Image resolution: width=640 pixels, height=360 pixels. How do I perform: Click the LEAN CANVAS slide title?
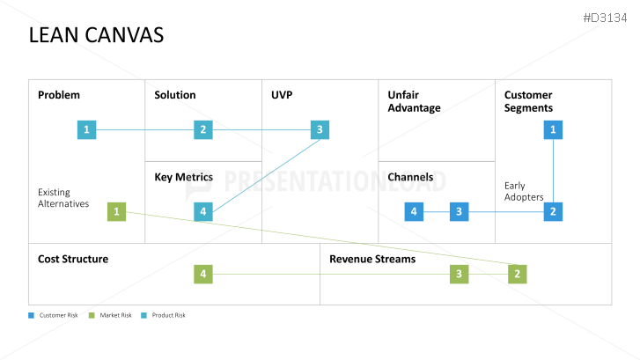pos(96,35)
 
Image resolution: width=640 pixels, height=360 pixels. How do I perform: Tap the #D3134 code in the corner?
pos(607,18)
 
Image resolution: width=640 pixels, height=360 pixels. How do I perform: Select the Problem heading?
pos(58,95)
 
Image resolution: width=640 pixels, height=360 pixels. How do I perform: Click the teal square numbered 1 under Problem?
pos(86,130)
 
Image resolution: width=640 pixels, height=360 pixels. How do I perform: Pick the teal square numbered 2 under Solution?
pos(203,130)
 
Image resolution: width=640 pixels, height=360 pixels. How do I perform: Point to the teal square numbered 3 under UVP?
pos(320,130)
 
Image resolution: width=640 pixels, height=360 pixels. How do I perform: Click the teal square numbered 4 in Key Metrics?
pos(203,211)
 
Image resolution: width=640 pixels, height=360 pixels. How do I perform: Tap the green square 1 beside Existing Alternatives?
pos(116,211)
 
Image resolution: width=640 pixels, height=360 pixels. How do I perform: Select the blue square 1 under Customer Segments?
pos(553,130)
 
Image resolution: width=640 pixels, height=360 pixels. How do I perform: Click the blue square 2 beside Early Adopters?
pos(553,211)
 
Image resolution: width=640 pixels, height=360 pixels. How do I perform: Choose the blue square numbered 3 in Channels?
pos(459,211)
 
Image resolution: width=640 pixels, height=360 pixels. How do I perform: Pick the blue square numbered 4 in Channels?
pos(414,211)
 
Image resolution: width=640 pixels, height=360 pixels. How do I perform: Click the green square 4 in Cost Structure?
pos(203,275)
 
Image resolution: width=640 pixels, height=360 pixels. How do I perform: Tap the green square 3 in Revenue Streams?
pos(459,275)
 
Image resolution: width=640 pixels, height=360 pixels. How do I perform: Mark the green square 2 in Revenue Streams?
pos(518,275)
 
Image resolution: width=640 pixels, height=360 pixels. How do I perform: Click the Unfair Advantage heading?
pos(414,101)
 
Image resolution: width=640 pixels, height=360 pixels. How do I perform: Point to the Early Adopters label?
pos(524,191)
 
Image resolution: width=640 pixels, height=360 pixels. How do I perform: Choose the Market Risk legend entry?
pos(111,315)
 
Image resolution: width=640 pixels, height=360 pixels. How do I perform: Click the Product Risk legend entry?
pos(164,315)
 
